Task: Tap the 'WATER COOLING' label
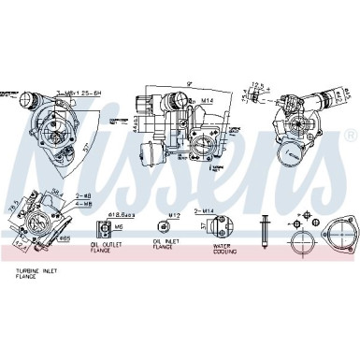coord(223,248)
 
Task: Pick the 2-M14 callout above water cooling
coord(222,213)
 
